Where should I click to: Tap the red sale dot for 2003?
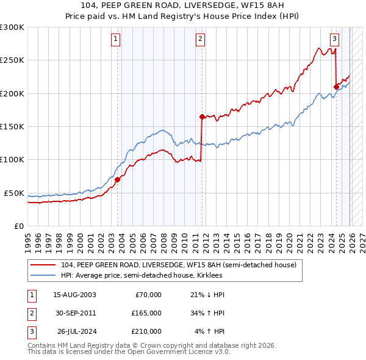[x=118, y=179]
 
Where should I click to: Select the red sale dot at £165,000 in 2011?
[x=202, y=117]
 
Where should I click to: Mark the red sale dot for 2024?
[x=336, y=87]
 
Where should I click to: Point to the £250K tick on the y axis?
[x=12, y=60]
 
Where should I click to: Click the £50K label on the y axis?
[x=14, y=193]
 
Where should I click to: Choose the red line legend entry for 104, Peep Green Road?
[x=179, y=265]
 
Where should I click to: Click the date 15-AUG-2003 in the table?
[x=74, y=295]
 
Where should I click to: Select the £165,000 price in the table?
[x=146, y=313]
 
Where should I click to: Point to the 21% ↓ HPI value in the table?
[x=207, y=295]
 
